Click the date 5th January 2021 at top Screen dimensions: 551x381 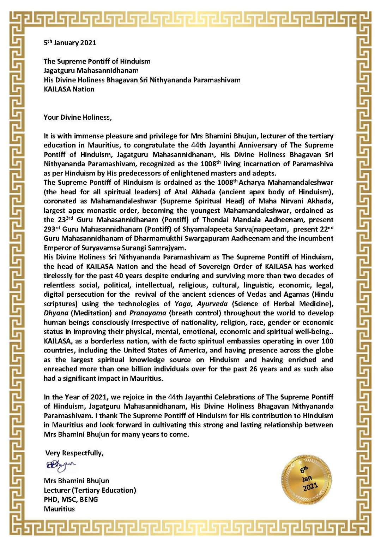pos(70,43)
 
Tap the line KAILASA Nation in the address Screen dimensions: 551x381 pos(69,89)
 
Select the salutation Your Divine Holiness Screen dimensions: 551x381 pos(77,117)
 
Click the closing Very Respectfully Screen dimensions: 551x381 pos(74,453)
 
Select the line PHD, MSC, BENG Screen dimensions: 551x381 pos(71,499)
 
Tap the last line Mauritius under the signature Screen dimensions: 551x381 pos(59,509)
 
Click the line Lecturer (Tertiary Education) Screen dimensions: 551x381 pos(90,490)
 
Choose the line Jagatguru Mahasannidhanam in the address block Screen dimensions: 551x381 pos(91,71)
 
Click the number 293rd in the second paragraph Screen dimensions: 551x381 pos(52,229)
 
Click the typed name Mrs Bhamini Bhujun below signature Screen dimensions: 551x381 pos(76,481)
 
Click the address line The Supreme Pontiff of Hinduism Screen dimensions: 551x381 pos(97,61)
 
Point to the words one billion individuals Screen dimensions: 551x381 pos(127,369)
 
